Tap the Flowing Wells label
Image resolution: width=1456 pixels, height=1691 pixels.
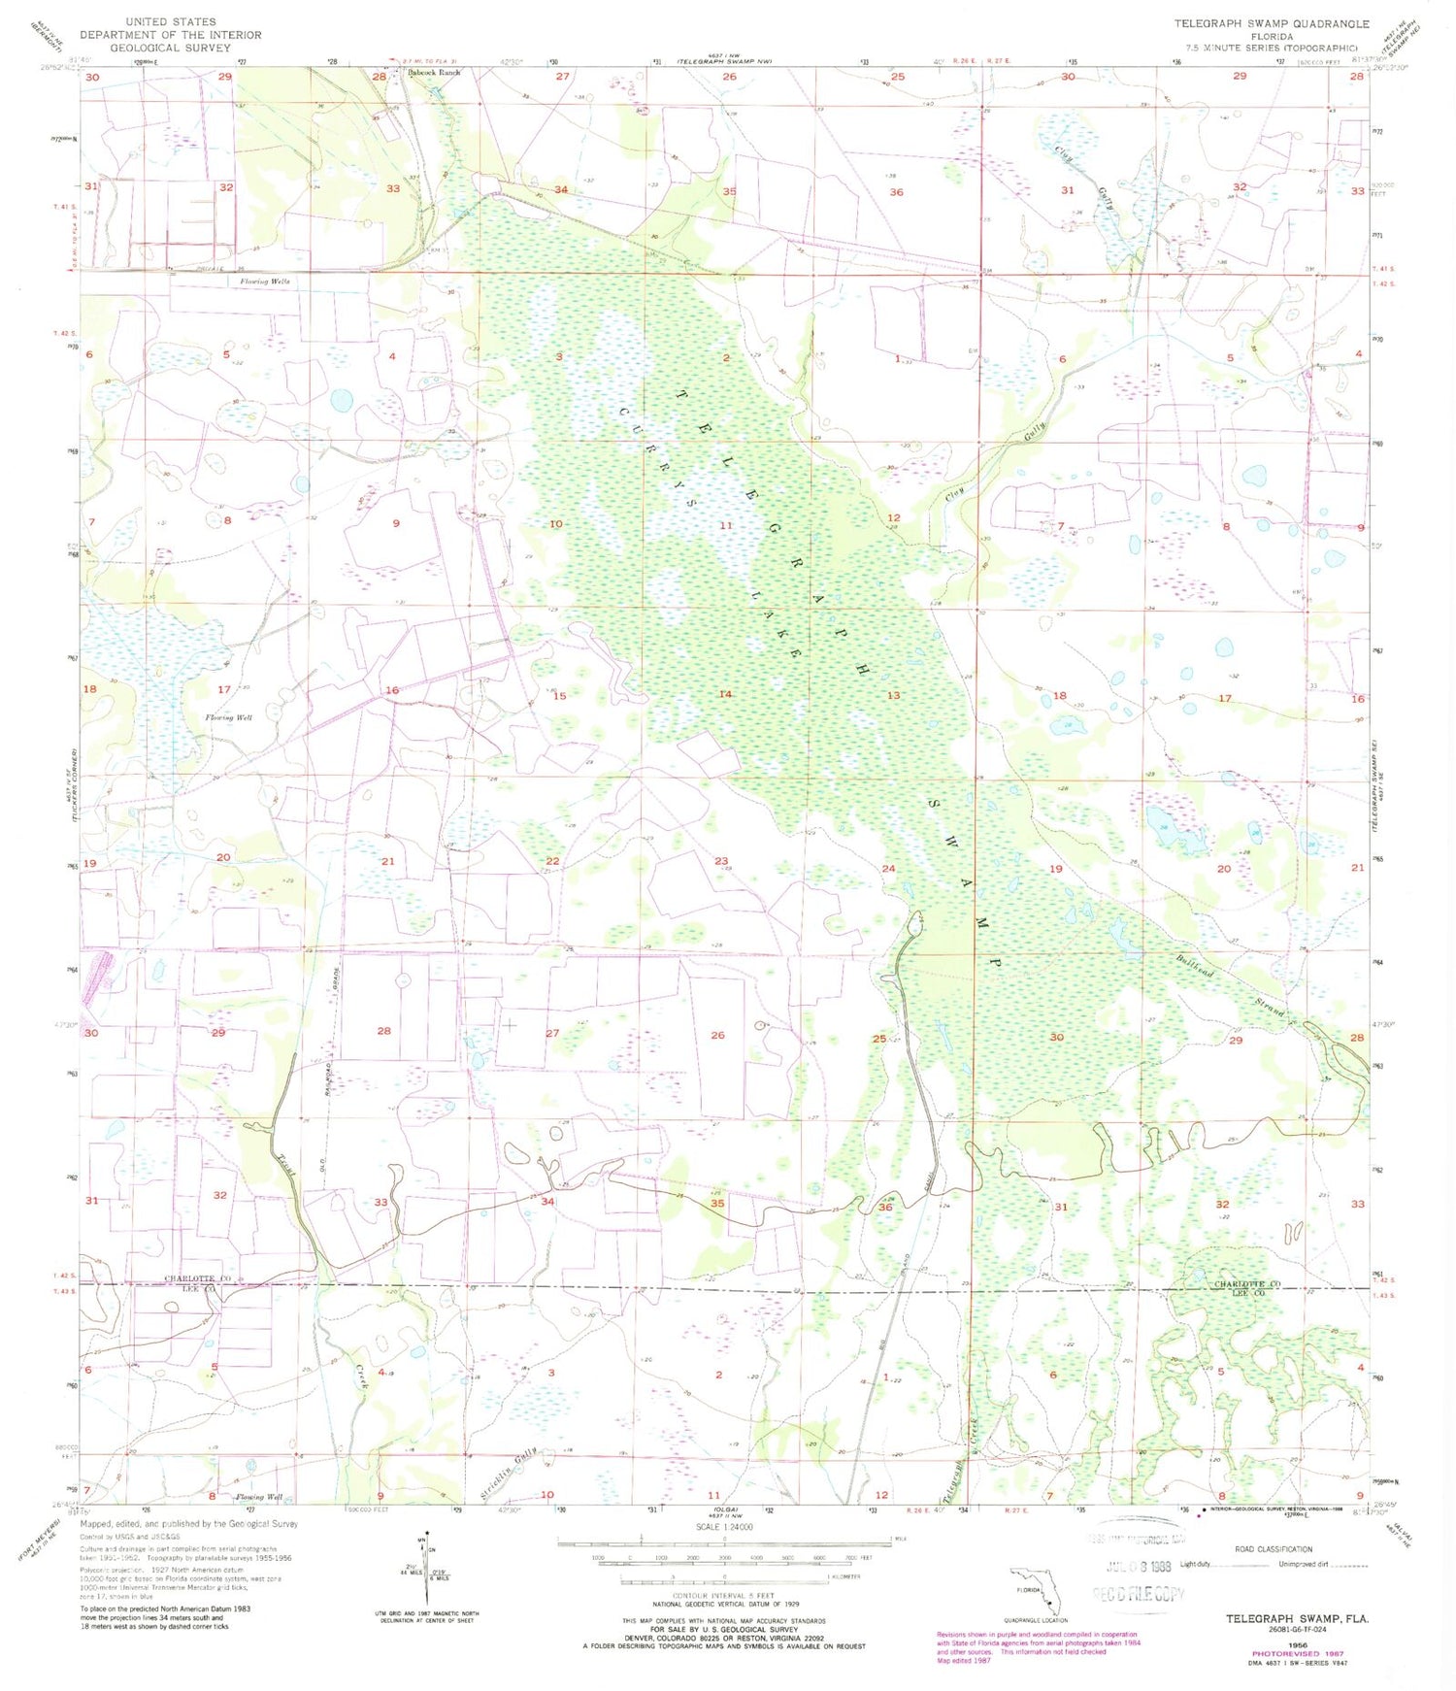[265, 282]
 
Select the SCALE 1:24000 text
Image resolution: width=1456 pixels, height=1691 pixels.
[723, 1527]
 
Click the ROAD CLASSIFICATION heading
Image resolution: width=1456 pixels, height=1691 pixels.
[1273, 1549]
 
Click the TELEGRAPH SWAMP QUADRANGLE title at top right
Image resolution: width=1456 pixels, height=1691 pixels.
[1272, 23]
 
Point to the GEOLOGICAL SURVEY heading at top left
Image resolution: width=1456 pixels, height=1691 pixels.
[171, 48]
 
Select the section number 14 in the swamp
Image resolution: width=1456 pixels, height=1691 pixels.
[725, 694]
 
